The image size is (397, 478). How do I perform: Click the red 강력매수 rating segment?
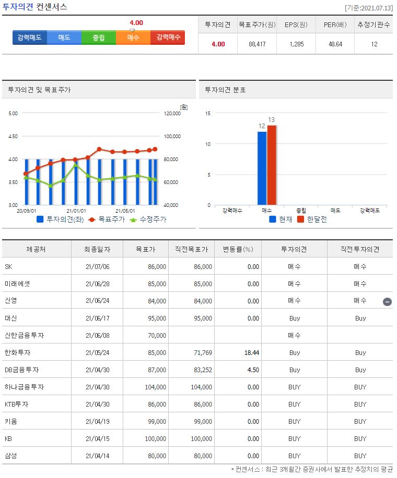point(167,38)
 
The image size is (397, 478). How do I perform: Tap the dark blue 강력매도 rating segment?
point(30,38)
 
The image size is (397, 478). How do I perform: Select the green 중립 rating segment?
point(98,38)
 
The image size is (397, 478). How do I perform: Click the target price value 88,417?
point(256,44)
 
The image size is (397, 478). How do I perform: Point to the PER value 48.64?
point(335,44)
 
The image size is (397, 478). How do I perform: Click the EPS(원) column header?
point(296,24)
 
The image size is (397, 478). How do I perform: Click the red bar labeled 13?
point(272,165)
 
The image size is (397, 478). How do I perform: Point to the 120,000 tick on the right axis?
point(172,113)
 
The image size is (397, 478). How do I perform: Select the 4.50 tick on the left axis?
point(13,136)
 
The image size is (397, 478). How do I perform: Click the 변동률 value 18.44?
point(251,352)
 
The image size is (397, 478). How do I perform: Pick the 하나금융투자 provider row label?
point(24,387)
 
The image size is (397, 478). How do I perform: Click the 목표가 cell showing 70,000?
point(157,335)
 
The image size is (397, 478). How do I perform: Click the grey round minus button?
point(387,301)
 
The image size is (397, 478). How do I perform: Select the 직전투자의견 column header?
point(360,249)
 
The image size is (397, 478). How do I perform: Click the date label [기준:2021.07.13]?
point(369,8)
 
